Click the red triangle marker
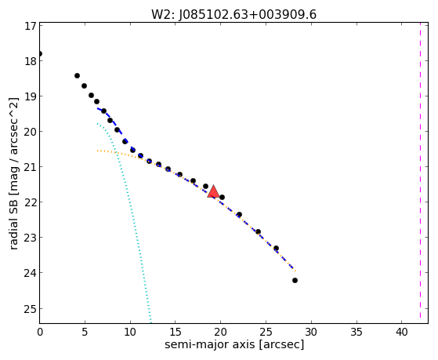213,191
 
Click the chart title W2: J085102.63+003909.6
233,15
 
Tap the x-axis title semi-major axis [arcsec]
234,344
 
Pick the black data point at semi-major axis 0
40,53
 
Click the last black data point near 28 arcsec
295,280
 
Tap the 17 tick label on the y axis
31,26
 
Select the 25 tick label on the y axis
31,309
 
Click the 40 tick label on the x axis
402,333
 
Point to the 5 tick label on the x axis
85,333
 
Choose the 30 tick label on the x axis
311,333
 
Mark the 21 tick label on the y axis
31,167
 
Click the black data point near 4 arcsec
77,75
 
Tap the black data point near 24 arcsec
258,231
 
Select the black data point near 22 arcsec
239,215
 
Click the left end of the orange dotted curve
97,151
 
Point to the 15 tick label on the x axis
176,333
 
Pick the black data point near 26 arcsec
276,248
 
